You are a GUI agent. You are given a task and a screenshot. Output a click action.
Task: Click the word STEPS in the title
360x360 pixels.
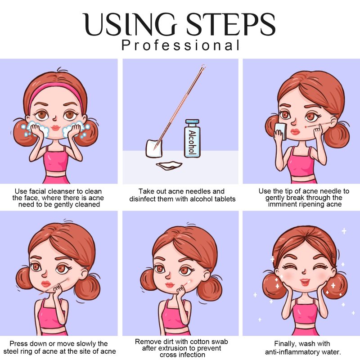[x=230, y=24]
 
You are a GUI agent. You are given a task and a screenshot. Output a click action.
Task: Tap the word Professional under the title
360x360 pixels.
[x=180, y=45]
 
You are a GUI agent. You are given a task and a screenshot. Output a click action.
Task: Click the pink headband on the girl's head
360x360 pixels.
[x=56, y=92]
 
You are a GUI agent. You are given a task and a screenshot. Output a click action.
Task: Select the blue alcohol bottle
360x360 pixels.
[x=192, y=139]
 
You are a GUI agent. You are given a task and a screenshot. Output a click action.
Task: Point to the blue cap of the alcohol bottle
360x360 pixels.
[x=192, y=121]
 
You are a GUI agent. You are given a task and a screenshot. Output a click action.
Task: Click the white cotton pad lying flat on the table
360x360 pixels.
[x=169, y=165]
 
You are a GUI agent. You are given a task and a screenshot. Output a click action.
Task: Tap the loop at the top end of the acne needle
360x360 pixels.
[x=203, y=67]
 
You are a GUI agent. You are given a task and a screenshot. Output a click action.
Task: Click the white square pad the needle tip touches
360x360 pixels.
[x=154, y=148]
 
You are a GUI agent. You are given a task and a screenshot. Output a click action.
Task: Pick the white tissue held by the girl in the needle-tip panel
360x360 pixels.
[x=281, y=131]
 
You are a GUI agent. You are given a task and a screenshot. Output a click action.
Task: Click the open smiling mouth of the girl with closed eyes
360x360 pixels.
[x=305, y=282]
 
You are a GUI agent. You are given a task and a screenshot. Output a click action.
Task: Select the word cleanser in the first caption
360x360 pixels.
[x=62, y=191]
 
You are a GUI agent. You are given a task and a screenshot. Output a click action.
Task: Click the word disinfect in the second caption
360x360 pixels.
[x=143, y=199]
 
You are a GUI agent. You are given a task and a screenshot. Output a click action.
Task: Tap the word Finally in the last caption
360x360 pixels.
[x=284, y=344]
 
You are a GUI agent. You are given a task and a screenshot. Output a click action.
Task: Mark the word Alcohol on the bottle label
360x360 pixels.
[x=192, y=142]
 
